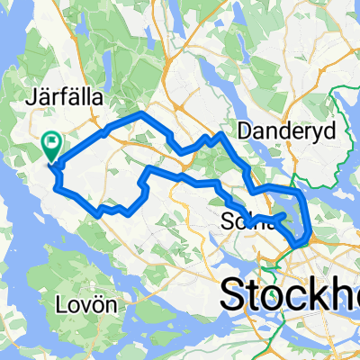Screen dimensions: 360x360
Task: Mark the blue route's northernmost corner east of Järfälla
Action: click(139, 115)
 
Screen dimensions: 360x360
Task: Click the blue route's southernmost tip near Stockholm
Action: click(298, 241)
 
